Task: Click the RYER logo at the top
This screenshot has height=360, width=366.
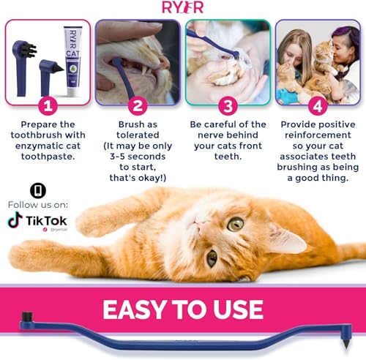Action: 182,9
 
